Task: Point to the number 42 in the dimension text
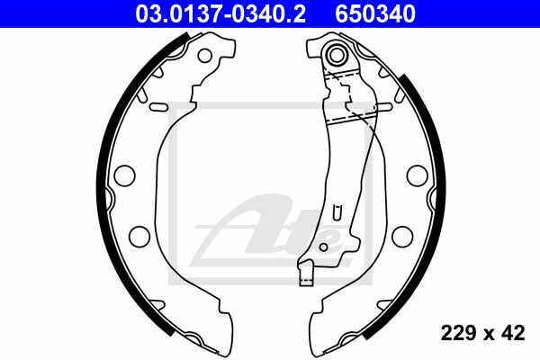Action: (513, 333)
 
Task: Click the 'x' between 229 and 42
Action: (486, 334)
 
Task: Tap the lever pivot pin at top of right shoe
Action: (338, 54)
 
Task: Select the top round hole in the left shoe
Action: (204, 55)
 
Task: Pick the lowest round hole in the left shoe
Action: (139, 237)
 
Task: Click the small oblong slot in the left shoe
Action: (158, 108)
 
